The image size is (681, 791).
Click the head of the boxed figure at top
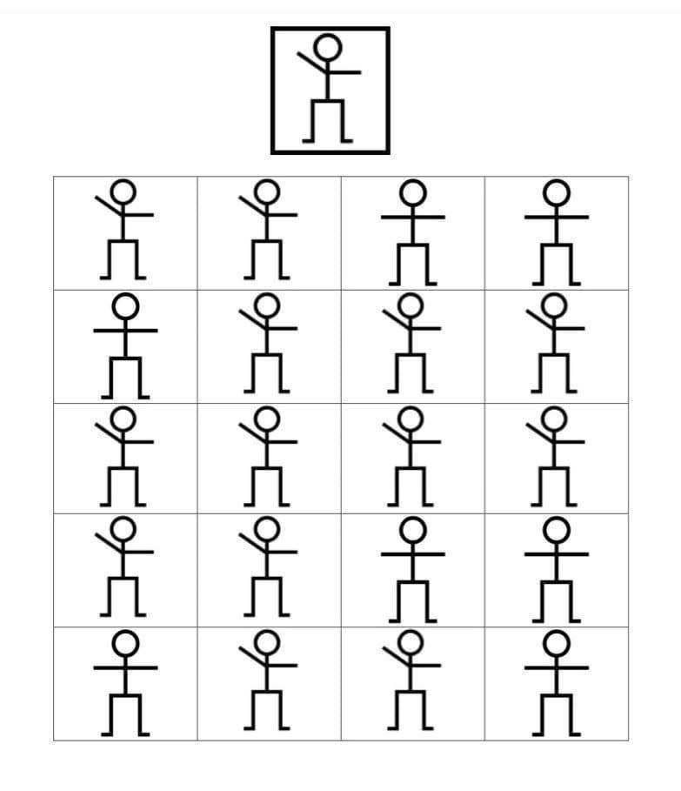[328, 47]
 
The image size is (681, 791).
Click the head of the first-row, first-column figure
[124, 190]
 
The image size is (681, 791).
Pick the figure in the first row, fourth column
[557, 231]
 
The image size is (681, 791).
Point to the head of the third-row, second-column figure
[268, 418]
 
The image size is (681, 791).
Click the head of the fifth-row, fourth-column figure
[557, 642]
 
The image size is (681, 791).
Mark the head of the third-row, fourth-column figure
[557, 418]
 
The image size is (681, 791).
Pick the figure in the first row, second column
[268, 231]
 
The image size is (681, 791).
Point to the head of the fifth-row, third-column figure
[412, 642]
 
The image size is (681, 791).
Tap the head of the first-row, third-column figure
[412, 190]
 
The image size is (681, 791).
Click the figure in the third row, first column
[124, 458]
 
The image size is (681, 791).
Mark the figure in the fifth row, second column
[268, 683]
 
